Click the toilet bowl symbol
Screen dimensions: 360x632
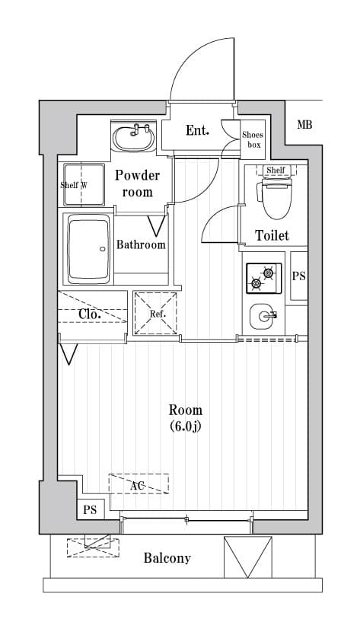277,198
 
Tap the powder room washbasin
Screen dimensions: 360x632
134,137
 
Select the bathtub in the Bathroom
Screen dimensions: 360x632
88,249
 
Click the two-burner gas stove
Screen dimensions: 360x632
264,277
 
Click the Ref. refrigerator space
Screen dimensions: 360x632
155,313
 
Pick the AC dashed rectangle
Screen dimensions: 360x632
139,484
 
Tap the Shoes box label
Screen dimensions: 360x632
253,139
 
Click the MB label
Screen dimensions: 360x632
304,125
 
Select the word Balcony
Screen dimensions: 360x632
167,558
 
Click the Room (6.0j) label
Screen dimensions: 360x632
186,418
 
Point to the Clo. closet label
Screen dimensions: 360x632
89,314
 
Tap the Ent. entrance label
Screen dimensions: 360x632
197,130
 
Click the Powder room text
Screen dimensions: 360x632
137,184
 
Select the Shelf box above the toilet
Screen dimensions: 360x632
276,170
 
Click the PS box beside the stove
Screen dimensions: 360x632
299,276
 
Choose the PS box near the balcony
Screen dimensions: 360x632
91,509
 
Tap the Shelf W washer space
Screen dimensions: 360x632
84,184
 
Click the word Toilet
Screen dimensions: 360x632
272,235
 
